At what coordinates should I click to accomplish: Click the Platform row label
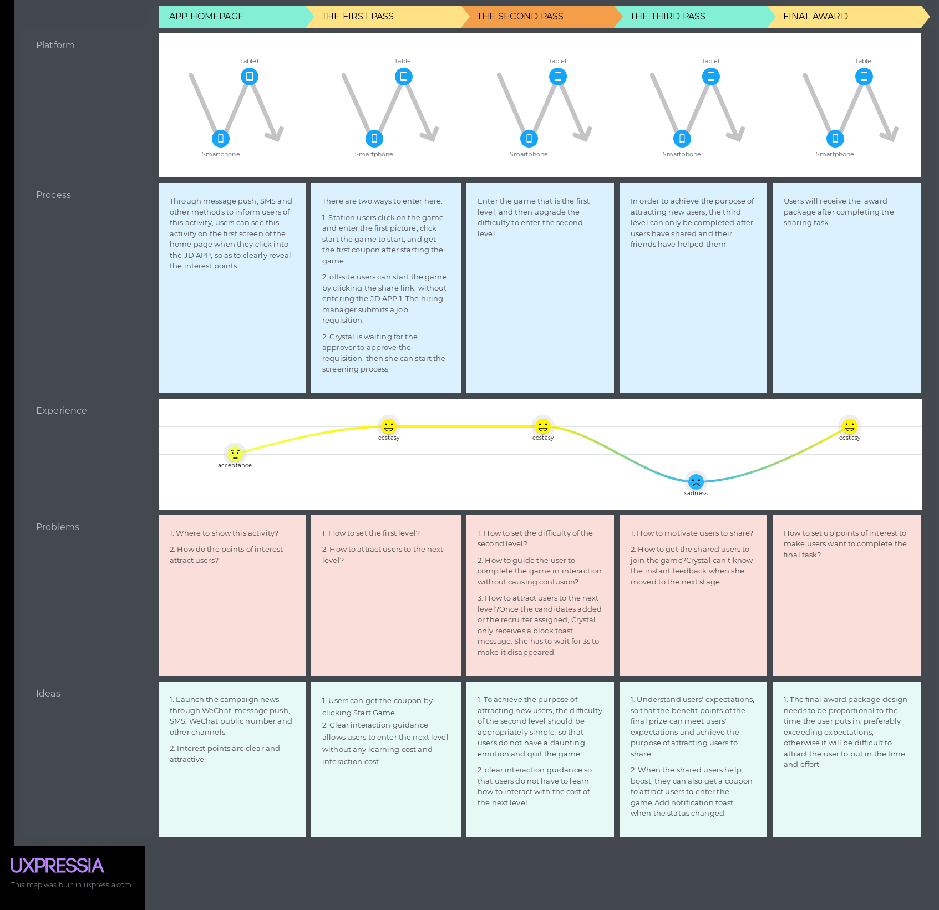pyautogui.click(x=55, y=45)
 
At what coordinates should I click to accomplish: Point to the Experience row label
pyautogui.click(x=61, y=410)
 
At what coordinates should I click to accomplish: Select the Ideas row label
pyautogui.click(x=48, y=693)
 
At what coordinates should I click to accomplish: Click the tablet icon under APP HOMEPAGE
pyautogui.click(x=250, y=77)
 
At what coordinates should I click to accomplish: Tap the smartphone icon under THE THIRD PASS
pyautogui.click(x=682, y=139)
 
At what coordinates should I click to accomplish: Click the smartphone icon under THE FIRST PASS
pyautogui.click(x=374, y=139)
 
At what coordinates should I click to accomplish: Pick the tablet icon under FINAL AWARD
pyautogui.click(x=864, y=77)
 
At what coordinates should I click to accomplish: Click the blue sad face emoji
pyautogui.click(x=696, y=481)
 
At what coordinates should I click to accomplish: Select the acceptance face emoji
pyautogui.click(x=235, y=454)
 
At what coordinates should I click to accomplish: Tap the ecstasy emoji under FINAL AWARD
pyautogui.click(x=850, y=426)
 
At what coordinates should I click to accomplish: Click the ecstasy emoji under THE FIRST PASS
pyautogui.click(x=389, y=426)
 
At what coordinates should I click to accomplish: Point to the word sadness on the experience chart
pyautogui.click(x=696, y=493)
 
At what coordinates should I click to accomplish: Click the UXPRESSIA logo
pyautogui.click(x=57, y=866)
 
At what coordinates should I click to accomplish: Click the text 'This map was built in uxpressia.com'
pyautogui.click(x=71, y=884)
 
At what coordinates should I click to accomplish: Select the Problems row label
pyautogui.click(x=58, y=527)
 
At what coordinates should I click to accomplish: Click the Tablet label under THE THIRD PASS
pyautogui.click(x=710, y=61)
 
